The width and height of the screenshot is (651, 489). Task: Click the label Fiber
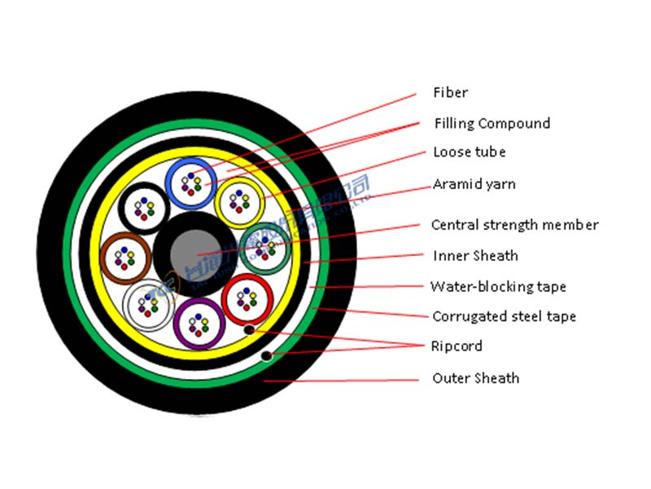pyautogui.click(x=450, y=93)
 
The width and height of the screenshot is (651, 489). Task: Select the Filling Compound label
pyautogui.click(x=492, y=123)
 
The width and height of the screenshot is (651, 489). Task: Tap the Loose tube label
pyautogui.click(x=469, y=152)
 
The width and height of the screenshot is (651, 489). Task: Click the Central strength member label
pyautogui.click(x=514, y=224)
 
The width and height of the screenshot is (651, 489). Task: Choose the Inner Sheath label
pyautogui.click(x=475, y=256)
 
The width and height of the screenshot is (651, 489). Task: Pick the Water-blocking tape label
pyautogui.click(x=498, y=286)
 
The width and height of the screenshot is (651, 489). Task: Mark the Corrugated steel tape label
pyautogui.click(x=504, y=316)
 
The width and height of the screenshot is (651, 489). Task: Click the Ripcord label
pyautogui.click(x=457, y=346)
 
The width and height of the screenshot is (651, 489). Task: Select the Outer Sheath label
pyautogui.click(x=475, y=378)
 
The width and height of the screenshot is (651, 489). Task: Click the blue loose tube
pyautogui.click(x=191, y=183)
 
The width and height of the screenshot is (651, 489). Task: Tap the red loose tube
pyautogui.click(x=247, y=300)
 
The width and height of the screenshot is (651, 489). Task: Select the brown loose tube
pyautogui.click(x=126, y=258)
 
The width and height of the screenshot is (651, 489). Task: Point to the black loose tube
pyautogui.click(x=144, y=208)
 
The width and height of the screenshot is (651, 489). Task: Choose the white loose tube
pyautogui.click(x=148, y=305)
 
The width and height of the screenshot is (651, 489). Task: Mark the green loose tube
pyautogui.click(x=265, y=247)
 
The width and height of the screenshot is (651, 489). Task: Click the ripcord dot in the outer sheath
pyautogui.click(x=266, y=356)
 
